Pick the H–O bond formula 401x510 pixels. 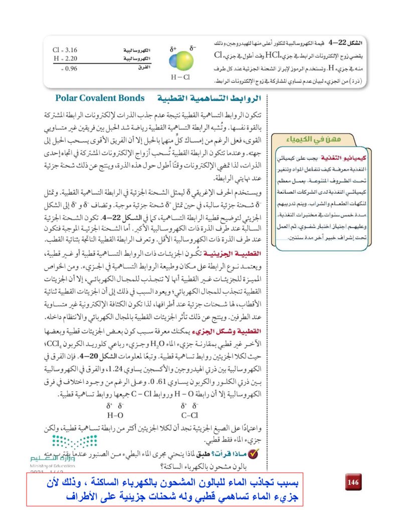tap(115, 415)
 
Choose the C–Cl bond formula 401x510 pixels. tap(190, 415)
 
